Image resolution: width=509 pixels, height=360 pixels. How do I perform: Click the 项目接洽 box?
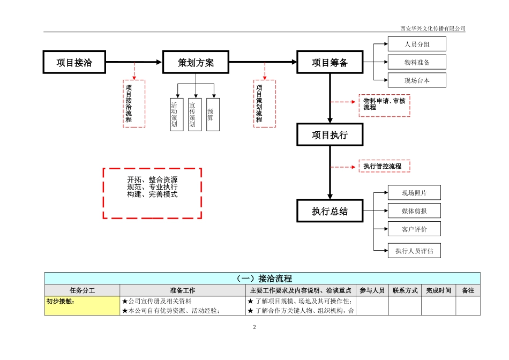pos(74,62)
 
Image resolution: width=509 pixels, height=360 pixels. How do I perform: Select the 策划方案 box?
pos(196,62)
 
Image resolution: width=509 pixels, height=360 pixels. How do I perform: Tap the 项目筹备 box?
pos(330,62)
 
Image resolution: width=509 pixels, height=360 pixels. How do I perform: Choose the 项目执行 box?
pos(330,134)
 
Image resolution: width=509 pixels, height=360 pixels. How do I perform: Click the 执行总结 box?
pos(330,211)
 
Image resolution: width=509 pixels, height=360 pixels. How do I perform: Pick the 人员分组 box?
pos(417,44)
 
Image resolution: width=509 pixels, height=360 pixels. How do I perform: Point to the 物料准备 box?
pos(417,62)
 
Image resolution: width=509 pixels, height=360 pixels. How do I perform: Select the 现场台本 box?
pos(417,80)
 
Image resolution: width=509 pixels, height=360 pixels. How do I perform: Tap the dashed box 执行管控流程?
pos(384,166)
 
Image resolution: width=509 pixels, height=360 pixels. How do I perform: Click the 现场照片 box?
pos(414,193)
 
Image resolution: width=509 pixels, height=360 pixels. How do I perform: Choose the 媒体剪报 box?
pos(414,211)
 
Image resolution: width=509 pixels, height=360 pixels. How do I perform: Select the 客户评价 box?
pos(414,229)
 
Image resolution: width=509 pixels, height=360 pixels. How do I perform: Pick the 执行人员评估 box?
pos(414,251)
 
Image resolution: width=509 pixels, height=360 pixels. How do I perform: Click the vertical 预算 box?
pos(213,114)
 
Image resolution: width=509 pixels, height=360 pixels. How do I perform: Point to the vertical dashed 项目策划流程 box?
pos(264,104)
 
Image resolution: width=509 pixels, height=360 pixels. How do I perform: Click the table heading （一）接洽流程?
pos(263,279)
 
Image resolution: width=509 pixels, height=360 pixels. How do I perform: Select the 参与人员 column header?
pos(372,290)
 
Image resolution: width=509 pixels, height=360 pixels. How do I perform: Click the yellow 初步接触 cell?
pos(83,306)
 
